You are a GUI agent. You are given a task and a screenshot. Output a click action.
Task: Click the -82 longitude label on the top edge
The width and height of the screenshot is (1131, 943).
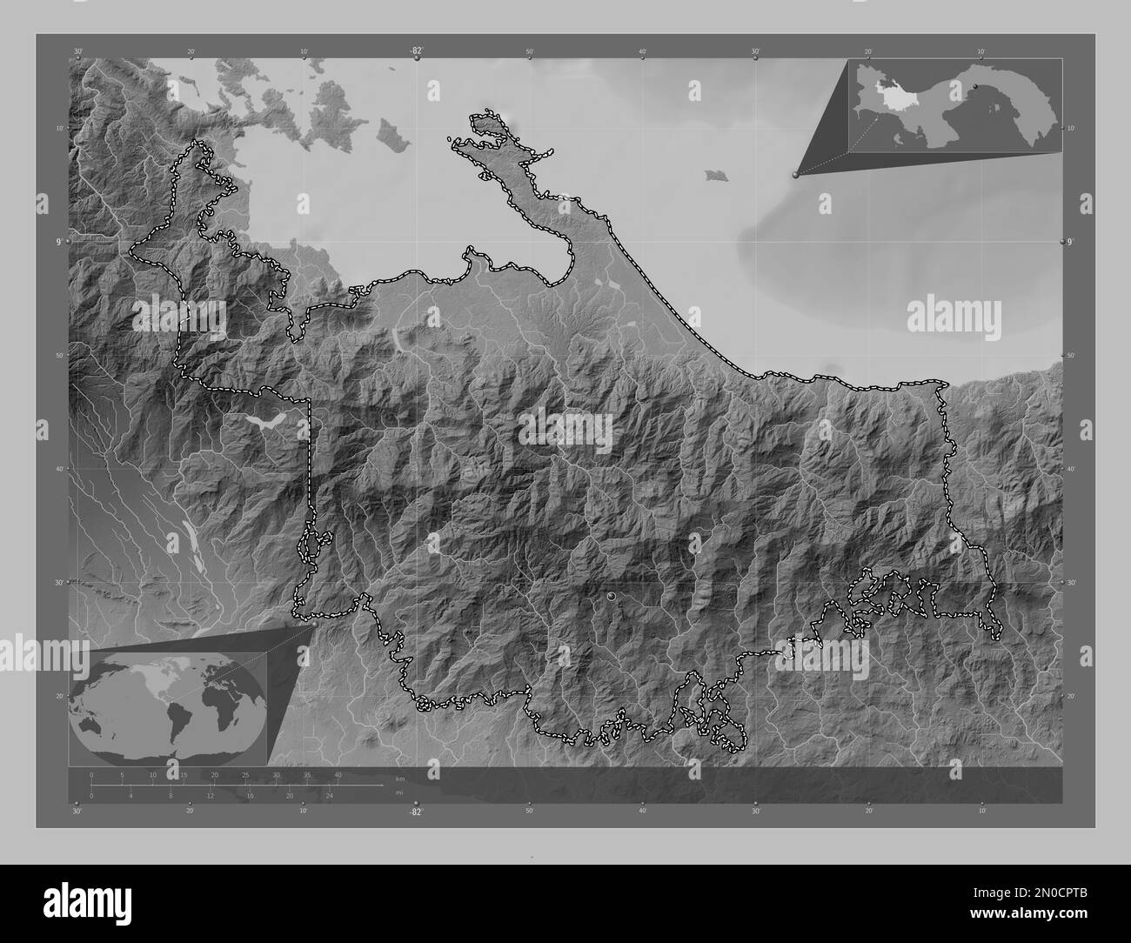click(x=417, y=52)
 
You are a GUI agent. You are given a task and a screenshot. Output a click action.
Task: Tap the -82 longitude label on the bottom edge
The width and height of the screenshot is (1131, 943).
click(x=417, y=812)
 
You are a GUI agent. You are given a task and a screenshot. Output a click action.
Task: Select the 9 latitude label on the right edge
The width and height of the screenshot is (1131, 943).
click(x=1071, y=241)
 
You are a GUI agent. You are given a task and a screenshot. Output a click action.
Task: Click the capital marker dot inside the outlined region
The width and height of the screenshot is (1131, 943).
click(x=612, y=596)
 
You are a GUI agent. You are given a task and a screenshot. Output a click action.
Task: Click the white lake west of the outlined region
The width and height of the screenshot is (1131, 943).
click(x=267, y=422)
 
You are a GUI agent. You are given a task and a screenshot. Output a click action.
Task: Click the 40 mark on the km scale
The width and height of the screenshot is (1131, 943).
click(x=338, y=774)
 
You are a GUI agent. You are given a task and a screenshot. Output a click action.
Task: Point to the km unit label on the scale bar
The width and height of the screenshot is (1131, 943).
click(x=399, y=779)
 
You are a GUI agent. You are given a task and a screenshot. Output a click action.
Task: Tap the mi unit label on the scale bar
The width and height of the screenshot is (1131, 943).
click(x=398, y=792)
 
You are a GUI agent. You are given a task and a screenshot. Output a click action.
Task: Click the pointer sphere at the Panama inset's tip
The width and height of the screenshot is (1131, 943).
click(x=794, y=175)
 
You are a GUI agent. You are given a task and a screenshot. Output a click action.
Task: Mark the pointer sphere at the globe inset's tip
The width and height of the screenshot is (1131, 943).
click(x=314, y=623)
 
